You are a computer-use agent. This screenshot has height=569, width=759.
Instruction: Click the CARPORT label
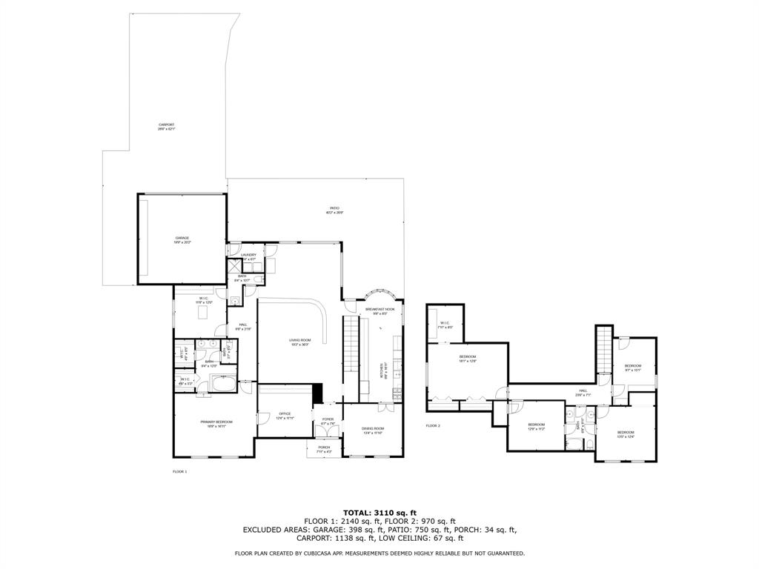pos(166,127)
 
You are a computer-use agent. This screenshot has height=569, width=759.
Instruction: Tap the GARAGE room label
pos(182,240)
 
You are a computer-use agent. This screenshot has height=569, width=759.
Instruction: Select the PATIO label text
pos(335,210)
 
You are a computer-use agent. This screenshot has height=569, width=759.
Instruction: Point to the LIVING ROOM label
pos(299,342)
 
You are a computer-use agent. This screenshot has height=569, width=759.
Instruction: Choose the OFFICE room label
pos(285,416)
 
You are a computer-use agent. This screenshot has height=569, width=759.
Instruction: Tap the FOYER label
pos(327,422)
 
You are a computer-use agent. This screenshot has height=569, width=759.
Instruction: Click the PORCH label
pos(324,449)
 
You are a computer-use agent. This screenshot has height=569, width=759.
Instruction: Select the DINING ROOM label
pos(373,430)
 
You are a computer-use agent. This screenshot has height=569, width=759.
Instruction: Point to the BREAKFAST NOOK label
pos(379,311)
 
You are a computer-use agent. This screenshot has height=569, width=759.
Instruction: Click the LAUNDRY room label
pos(248,256)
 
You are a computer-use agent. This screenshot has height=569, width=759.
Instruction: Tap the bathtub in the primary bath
pos(223,384)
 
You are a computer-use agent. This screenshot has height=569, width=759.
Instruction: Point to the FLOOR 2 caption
pos(433,426)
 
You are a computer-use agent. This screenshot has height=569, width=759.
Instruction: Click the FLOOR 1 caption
pos(180,472)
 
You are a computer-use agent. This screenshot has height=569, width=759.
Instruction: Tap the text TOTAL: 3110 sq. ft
pos(379,512)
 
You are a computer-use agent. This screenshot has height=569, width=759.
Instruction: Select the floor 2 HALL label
pos(583,393)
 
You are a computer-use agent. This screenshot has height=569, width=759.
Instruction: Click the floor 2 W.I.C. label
pos(445,325)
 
